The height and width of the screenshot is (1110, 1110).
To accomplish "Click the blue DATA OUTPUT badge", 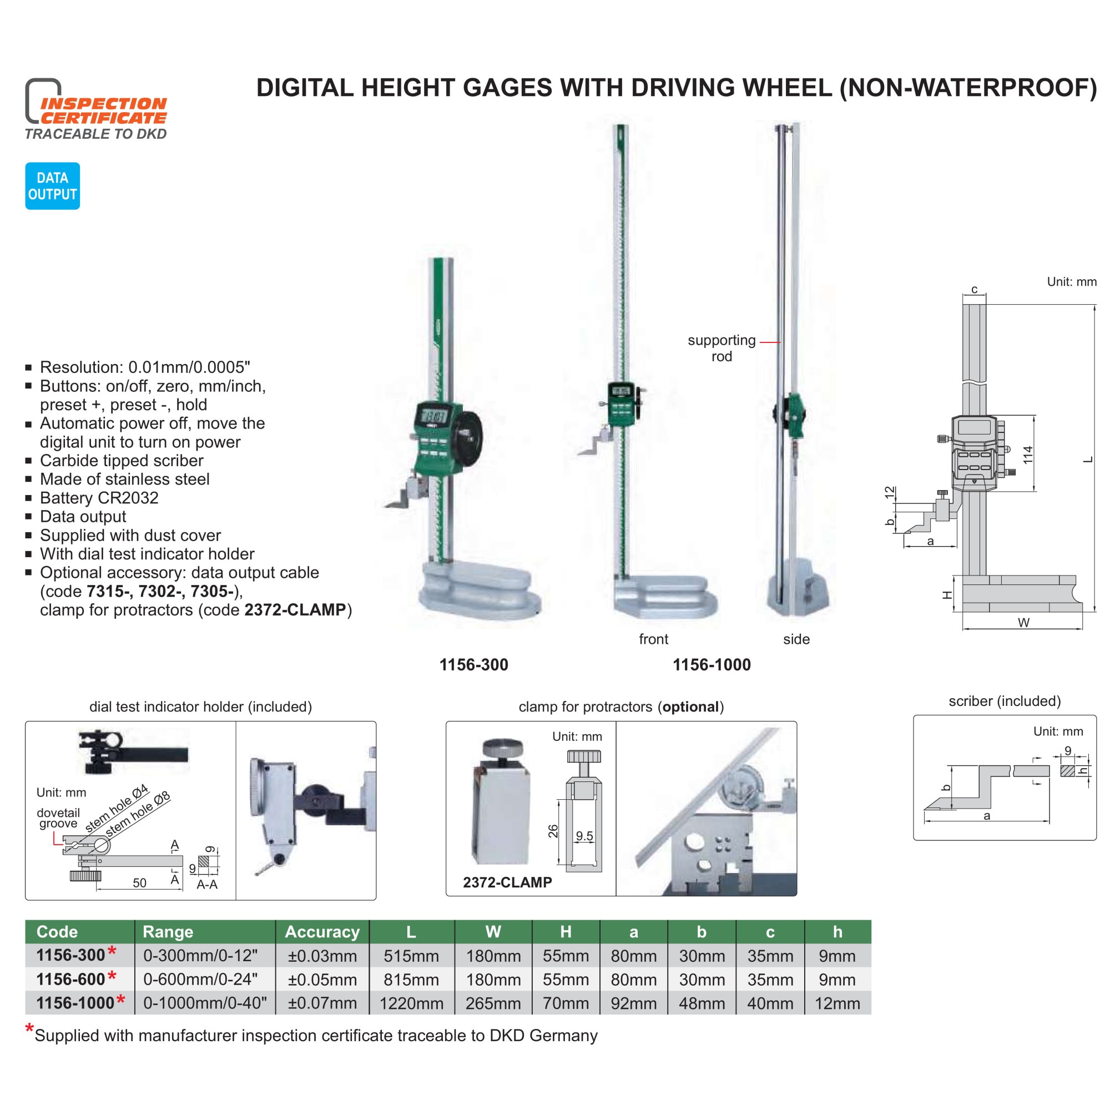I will click(52, 185).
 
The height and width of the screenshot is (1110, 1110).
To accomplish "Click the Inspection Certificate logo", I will click(96, 109).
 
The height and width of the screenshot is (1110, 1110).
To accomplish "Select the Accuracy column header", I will click(322, 931).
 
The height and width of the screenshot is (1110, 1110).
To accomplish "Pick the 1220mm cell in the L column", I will click(411, 1003).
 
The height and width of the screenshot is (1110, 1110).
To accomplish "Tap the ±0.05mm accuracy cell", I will click(322, 979).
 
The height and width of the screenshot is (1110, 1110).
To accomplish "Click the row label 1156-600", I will click(70, 979).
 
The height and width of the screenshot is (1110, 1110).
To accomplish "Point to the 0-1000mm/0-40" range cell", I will click(205, 1003).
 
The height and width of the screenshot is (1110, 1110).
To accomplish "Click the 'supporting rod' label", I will click(722, 348).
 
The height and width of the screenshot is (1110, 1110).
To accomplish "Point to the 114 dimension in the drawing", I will click(1028, 455).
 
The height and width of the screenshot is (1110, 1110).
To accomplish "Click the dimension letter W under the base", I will click(1023, 622).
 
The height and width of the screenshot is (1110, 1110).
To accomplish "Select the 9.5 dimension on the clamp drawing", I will click(584, 836).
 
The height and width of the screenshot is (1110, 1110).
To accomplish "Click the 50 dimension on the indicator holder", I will click(140, 882).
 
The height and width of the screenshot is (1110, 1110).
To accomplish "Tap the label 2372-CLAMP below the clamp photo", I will click(507, 882).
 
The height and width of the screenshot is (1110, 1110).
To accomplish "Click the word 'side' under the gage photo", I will click(796, 639).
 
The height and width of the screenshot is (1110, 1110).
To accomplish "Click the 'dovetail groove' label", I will click(58, 818).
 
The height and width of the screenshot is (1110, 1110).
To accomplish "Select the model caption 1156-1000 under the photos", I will click(712, 665).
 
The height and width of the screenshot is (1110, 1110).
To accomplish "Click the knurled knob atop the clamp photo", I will click(503, 749).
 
